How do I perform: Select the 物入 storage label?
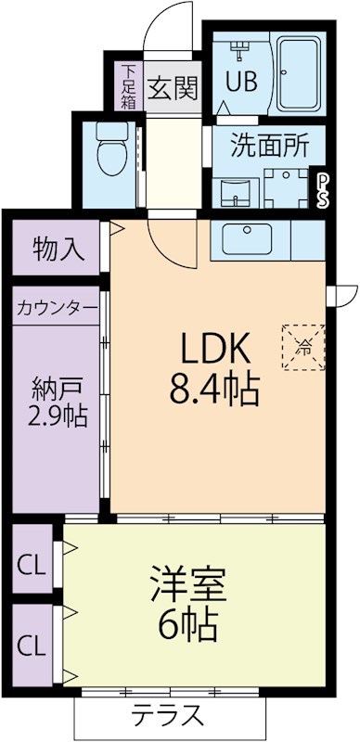[x=58, y=249]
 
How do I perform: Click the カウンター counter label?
[x=57, y=307]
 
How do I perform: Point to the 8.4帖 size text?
[x=214, y=386]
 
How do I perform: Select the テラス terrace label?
[x=167, y=714]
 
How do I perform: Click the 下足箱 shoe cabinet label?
[x=128, y=84]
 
